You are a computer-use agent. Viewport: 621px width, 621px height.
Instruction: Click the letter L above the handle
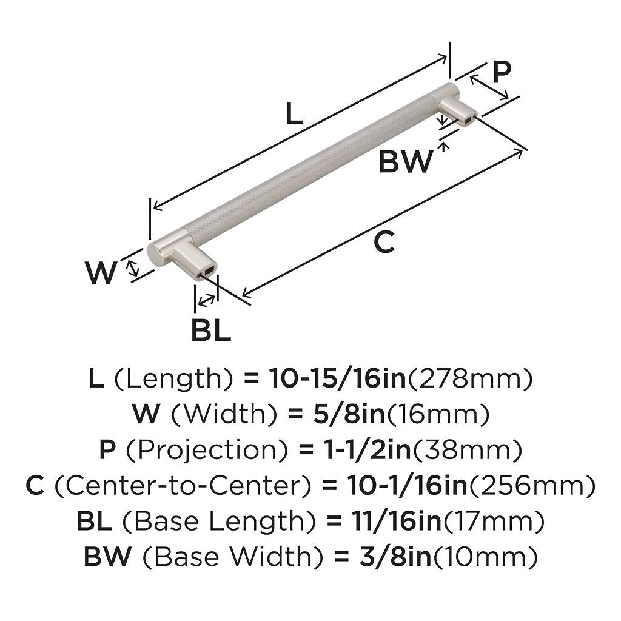pos(294,113)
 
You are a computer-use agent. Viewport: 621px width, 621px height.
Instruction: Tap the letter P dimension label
pos(501,72)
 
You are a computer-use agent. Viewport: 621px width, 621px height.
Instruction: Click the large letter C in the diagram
pos(384,243)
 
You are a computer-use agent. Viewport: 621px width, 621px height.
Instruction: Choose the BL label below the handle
pos(210,330)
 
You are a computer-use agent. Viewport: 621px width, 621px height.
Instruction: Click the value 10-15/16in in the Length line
pos(337,379)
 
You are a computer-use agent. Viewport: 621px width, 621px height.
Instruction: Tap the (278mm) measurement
pos(469,379)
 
